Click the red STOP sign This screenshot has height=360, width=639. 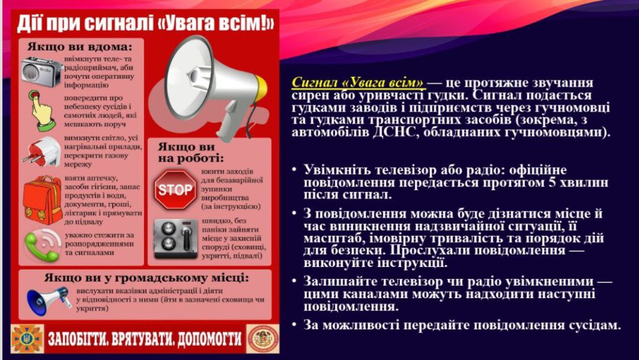pos(175,190)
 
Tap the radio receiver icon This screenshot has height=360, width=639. pos(41,72)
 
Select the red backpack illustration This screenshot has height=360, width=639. pos(43,200)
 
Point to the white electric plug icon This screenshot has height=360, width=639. pos(42,152)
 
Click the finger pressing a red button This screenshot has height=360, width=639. pos(41,111)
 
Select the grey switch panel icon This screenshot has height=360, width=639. pos(175,238)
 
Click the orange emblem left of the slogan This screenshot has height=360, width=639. pos(27,338)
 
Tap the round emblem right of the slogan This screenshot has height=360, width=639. pos(263,339)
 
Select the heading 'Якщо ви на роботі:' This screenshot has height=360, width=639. pos(191,152)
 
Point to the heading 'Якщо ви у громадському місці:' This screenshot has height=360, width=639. pos(146,278)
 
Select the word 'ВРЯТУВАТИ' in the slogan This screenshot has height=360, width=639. pos(135,339)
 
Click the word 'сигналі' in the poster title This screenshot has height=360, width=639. pos(118,24)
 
